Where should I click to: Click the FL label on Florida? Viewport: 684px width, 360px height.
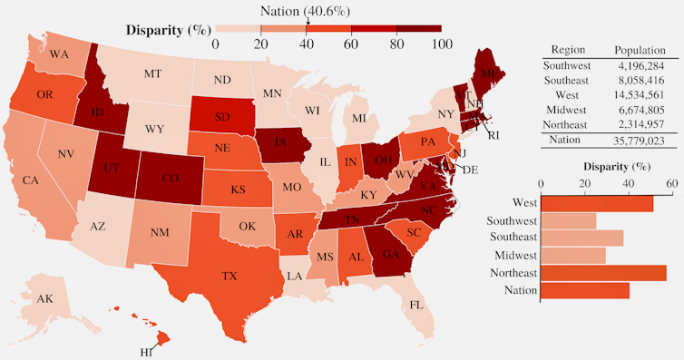tap(415, 305)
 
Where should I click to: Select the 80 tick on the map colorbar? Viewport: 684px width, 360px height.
tap(396, 44)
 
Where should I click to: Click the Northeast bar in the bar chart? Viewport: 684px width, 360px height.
tap(603, 272)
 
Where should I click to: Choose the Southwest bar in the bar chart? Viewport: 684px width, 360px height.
tap(569, 220)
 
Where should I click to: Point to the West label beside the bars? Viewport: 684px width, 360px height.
tap(522, 203)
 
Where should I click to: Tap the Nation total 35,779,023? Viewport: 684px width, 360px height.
tap(640, 141)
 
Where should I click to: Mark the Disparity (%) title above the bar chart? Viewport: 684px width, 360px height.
tap(606, 167)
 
